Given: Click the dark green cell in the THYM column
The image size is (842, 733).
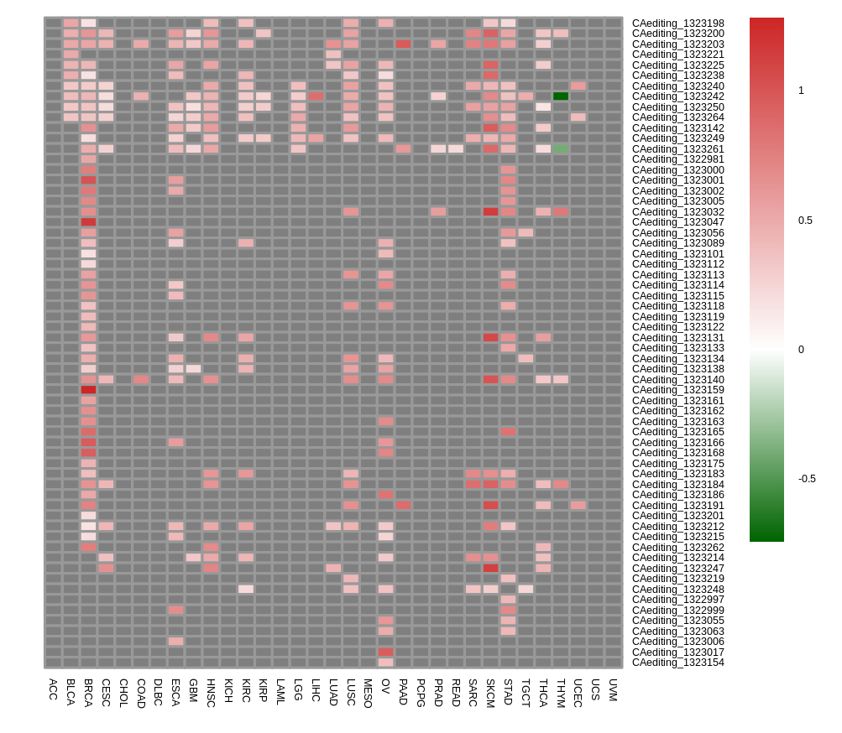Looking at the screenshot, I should tap(561, 96).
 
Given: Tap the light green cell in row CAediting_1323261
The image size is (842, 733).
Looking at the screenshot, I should tap(561, 148).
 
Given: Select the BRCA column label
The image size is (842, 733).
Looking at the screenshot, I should tap(88, 693).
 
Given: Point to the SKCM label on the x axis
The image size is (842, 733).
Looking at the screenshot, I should tap(490, 693).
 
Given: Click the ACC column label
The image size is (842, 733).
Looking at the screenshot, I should tap(53, 689).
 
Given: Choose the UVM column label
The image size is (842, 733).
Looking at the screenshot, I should tap(613, 689).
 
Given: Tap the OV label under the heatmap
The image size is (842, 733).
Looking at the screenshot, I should tap(385, 686).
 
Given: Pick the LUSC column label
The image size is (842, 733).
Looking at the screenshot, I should tap(351, 693).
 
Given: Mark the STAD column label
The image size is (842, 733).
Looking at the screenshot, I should tap(508, 693).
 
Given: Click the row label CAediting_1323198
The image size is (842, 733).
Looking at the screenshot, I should tap(677, 23).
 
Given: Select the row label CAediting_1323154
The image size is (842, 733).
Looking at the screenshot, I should tap(677, 663).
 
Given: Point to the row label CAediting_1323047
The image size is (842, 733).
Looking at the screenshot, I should tap(677, 222).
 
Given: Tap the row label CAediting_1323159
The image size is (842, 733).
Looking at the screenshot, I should tap(677, 390).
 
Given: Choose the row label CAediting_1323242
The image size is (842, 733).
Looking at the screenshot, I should tap(677, 96).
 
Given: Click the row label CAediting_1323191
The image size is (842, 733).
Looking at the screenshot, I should tap(677, 506).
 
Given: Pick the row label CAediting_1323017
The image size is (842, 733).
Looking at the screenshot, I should tap(677, 652).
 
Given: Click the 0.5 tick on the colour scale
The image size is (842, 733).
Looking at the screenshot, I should tap(805, 221).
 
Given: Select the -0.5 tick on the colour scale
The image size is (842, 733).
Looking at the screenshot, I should tap(806, 479).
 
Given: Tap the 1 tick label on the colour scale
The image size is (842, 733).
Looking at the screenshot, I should tap(801, 91).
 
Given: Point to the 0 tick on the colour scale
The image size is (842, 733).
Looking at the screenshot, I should tap(801, 350).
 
